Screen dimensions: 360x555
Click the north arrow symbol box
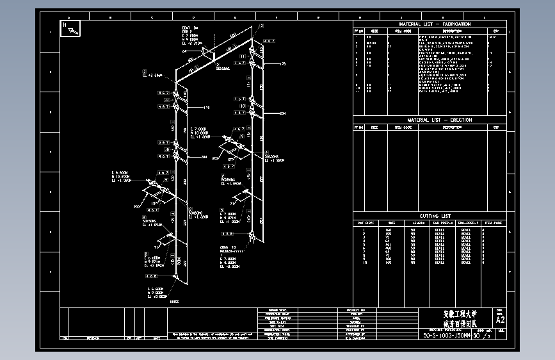(70, 29)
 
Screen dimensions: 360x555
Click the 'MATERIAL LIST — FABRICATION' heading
(430, 24)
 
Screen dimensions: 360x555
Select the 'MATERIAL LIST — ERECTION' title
(430, 120)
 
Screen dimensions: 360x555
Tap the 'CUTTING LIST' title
(430, 217)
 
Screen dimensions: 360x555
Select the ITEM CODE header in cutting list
(493, 223)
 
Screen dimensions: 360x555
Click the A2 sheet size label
(501, 320)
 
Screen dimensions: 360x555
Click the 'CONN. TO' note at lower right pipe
(228, 247)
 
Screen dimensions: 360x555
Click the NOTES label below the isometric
(175, 301)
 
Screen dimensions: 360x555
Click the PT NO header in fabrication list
(359, 30)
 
